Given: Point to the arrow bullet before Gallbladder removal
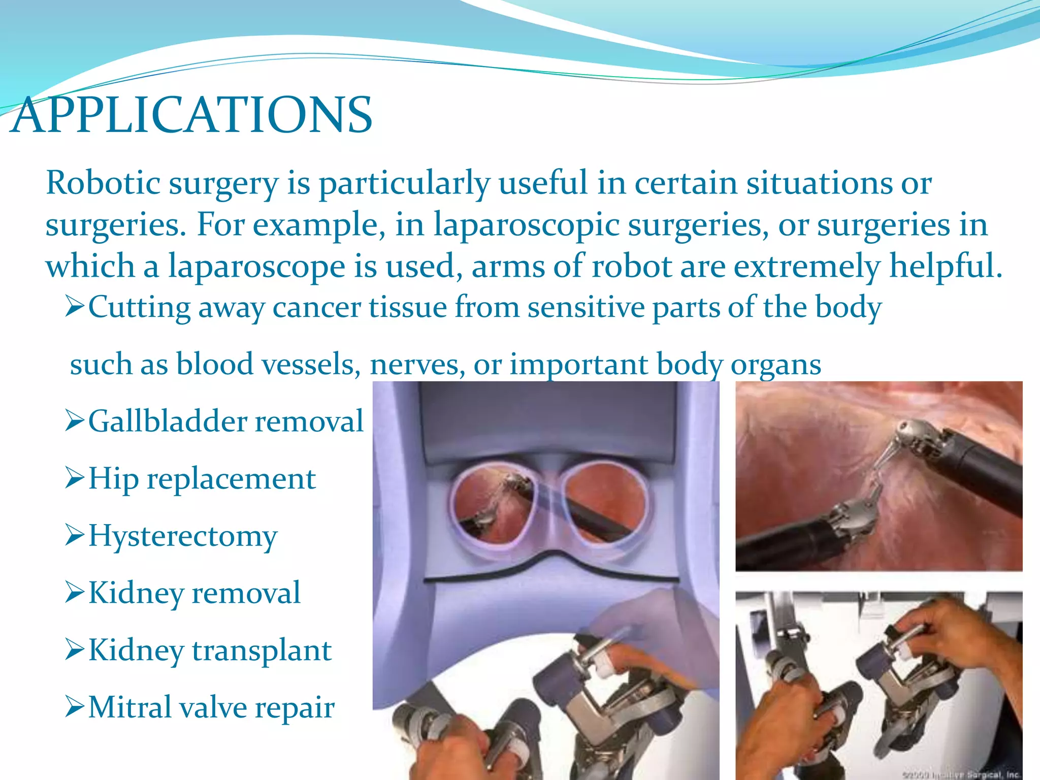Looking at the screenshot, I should pyautogui.click(x=75, y=420).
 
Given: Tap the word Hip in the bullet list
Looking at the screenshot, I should pyautogui.click(x=113, y=479).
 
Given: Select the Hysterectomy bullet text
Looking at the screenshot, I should pyautogui.click(x=183, y=536).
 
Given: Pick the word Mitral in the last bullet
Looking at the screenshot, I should pyautogui.click(x=129, y=707).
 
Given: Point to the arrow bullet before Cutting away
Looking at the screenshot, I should pyautogui.click(x=75, y=306).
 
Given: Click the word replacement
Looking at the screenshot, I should pyautogui.click(x=231, y=479).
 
